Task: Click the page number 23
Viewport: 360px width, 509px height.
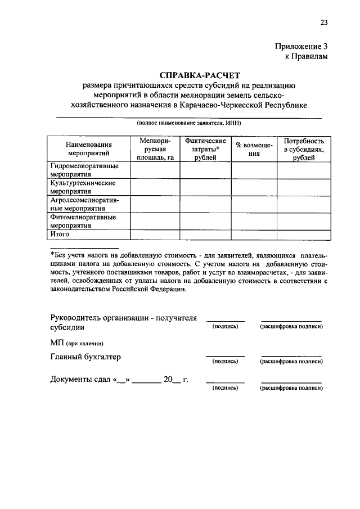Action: point(323,23)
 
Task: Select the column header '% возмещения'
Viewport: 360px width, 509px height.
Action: point(254,148)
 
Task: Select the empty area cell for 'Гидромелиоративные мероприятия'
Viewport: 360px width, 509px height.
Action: point(155,170)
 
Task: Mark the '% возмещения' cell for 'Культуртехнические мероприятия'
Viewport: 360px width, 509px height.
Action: point(254,187)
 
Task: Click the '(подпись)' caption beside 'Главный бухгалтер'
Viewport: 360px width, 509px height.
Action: point(225,362)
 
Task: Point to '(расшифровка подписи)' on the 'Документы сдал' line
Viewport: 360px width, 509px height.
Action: point(291,388)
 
